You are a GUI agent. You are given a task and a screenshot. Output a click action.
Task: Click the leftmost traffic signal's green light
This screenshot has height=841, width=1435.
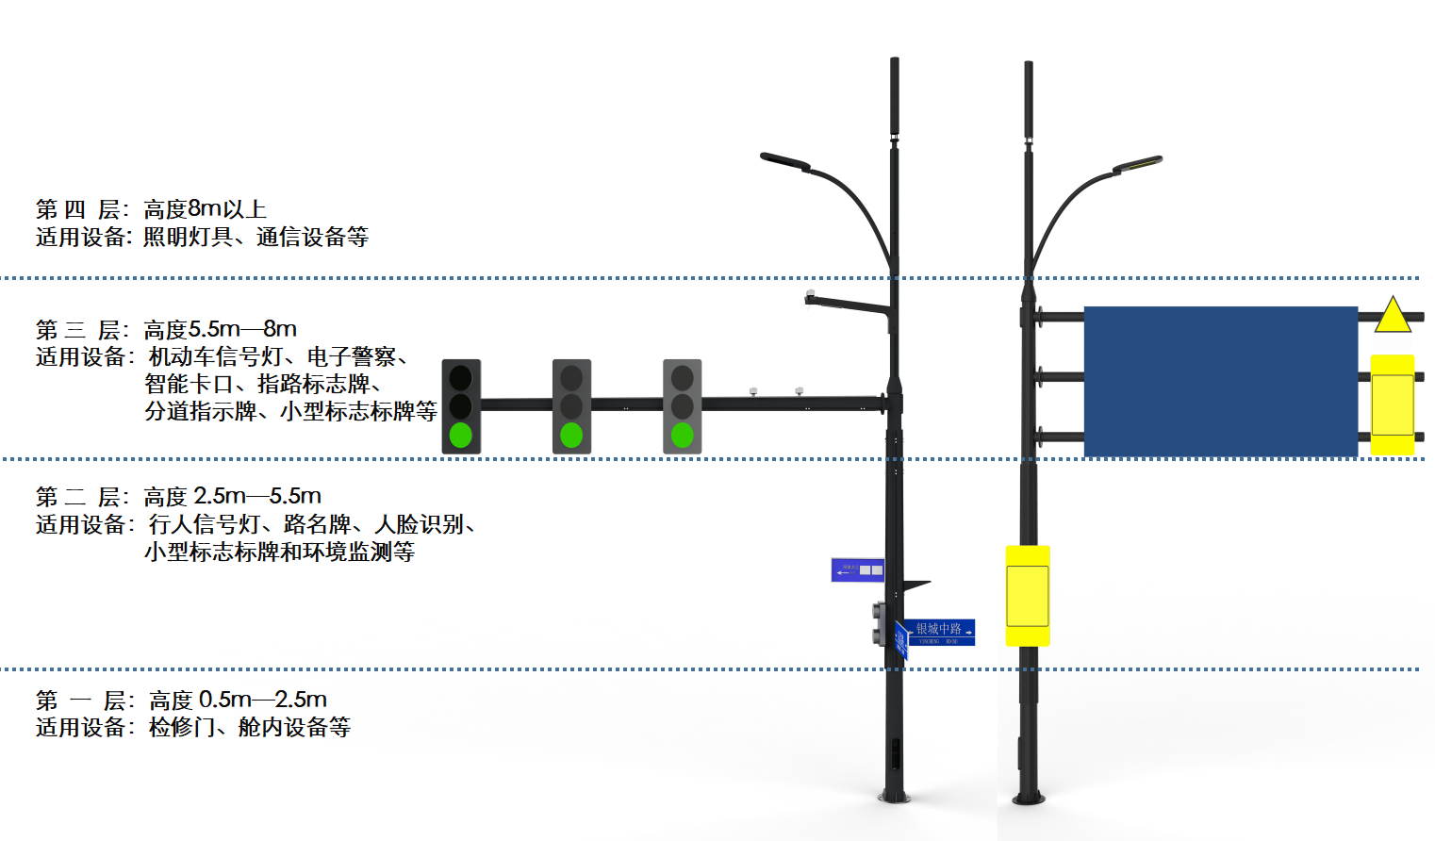(461, 435)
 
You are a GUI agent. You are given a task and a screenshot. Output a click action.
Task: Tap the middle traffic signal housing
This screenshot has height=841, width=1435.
(571, 406)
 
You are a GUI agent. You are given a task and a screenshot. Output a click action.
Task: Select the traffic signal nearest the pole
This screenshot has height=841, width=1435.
(682, 406)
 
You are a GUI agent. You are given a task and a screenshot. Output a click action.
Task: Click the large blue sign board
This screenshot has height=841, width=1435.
(1220, 381)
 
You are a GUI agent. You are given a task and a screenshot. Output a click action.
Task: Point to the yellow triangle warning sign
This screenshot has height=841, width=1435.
(1393, 317)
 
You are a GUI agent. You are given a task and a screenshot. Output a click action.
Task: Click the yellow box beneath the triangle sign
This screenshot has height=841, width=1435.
(1392, 404)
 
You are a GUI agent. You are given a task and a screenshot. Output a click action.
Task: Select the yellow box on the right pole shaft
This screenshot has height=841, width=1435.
(1028, 595)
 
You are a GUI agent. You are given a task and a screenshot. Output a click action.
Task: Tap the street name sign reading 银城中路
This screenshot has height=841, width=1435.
(939, 632)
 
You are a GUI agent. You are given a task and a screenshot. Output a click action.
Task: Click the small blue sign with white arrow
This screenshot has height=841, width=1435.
(857, 569)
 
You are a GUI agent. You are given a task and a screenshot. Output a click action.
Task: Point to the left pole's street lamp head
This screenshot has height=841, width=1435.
(784, 161)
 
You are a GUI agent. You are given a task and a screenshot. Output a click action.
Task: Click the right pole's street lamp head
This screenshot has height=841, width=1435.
(1138, 165)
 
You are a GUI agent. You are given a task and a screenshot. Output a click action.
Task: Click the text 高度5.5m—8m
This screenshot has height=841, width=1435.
(220, 329)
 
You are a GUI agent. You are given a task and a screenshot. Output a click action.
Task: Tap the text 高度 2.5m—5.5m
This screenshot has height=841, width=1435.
(232, 496)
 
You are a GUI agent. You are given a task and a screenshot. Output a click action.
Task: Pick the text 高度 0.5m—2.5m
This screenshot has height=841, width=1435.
(238, 700)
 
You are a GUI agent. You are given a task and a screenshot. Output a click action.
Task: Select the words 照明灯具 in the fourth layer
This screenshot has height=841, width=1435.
(188, 237)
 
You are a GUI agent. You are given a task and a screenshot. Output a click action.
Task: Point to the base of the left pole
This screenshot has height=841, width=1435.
(894, 796)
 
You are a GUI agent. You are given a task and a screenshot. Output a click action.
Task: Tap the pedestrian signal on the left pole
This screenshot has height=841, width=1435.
(879, 623)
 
